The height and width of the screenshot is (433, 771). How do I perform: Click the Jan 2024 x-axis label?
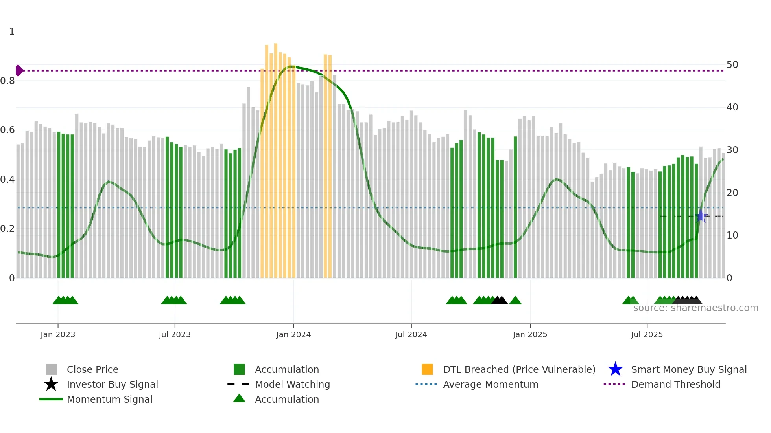coord(293,334)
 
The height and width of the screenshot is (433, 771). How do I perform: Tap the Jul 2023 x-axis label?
coord(175,334)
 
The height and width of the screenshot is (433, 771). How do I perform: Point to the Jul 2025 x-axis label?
coord(647,334)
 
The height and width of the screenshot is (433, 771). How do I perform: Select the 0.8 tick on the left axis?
coord(7,81)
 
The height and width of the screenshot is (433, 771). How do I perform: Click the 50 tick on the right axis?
coord(732,65)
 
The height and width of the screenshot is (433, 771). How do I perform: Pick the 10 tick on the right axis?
coord(732,235)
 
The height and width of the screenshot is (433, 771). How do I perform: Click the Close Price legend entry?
coord(92,369)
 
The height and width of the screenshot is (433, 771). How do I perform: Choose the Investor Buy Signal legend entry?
coord(112,384)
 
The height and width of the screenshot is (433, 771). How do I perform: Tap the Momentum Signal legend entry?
coord(109,399)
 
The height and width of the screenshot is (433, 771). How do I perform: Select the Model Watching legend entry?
coord(292,384)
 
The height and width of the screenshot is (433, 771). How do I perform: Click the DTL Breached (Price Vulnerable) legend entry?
coord(519,369)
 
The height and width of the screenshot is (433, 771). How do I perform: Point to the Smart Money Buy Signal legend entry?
coord(688,369)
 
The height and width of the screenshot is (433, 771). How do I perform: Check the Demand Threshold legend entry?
coord(675,384)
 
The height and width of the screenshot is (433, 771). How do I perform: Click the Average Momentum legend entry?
coord(490,384)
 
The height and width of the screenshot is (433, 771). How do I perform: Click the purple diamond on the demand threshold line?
coord(19,71)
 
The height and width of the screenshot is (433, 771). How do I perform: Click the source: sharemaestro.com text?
coord(695,308)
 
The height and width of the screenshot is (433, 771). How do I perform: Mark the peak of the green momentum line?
coord(291,66)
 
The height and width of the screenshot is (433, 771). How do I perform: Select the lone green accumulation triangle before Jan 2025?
coord(515,301)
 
